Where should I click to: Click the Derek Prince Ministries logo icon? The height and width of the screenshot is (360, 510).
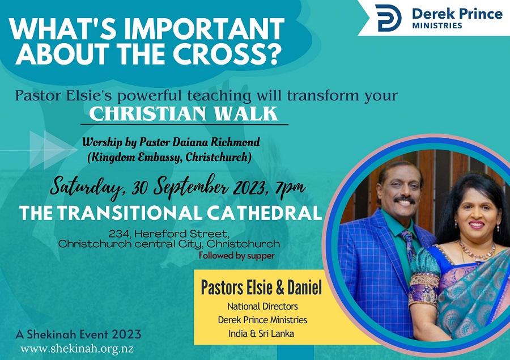click(x=388, y=18)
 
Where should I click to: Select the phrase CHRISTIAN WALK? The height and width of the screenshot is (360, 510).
click(x=184, y=113)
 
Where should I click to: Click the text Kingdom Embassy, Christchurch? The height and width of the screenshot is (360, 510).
click(x=169, y=157)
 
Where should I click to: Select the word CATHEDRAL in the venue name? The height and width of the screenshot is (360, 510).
click(x=264, y=213)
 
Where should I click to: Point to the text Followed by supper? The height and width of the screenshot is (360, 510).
click(x=237, y=256)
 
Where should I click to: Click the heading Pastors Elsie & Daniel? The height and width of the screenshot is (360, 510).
click(x=261, y=287)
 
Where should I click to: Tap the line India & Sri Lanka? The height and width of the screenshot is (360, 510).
click(x=261, y=333)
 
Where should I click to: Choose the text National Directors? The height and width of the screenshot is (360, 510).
click(x=262, y=306)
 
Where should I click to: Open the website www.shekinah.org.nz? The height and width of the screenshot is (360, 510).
click(x=77, y=349)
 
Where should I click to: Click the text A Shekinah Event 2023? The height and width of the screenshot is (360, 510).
click(x=78, y=334)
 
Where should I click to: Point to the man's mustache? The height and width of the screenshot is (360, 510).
click(x=404, y=199)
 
